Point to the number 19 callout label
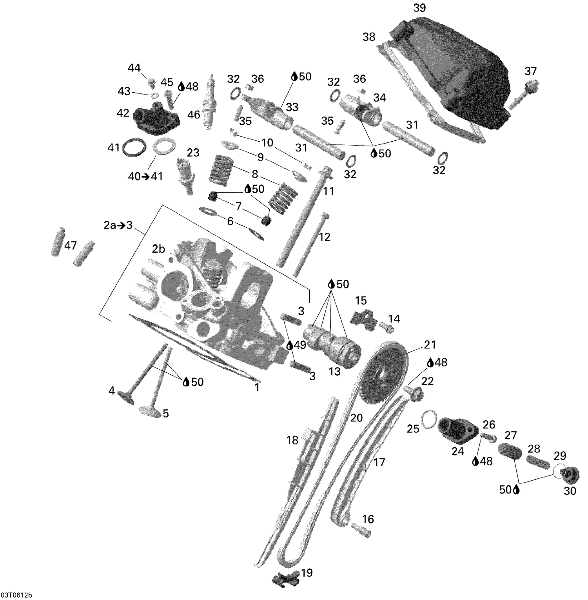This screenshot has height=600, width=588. pos(307,573)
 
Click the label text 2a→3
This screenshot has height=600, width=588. pos(118,226)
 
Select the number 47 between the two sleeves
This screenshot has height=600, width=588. pos(71,246)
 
